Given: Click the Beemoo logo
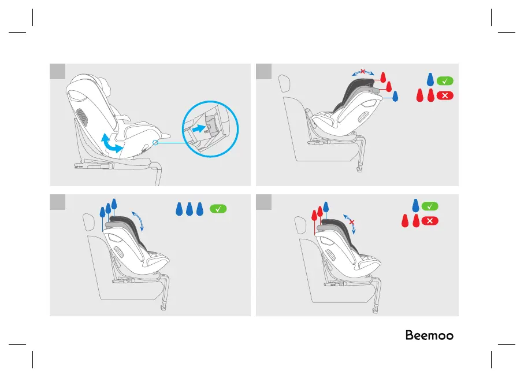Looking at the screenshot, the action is (x=429, y=336).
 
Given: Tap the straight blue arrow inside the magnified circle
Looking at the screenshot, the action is (x=198, y=130).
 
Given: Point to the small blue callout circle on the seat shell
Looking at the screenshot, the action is (x=155, y=141).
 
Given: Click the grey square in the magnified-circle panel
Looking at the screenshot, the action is (x=57, y=71).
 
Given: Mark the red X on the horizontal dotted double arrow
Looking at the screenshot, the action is (x=363, y=72).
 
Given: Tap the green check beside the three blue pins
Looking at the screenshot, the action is (x=218, y=209).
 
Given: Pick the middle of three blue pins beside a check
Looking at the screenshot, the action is (x=189, y=209).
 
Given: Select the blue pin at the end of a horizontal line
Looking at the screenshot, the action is (x=395, y=97).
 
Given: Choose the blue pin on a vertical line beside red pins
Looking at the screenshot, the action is (x=326, y=206).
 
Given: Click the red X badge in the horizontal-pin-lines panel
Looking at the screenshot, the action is (x=445, y=95).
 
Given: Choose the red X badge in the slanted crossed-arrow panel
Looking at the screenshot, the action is (x=430, y=221).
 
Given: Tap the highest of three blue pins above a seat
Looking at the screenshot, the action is (x=114, y=204).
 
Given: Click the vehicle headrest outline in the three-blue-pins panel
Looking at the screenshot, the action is (x=88, y=221).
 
